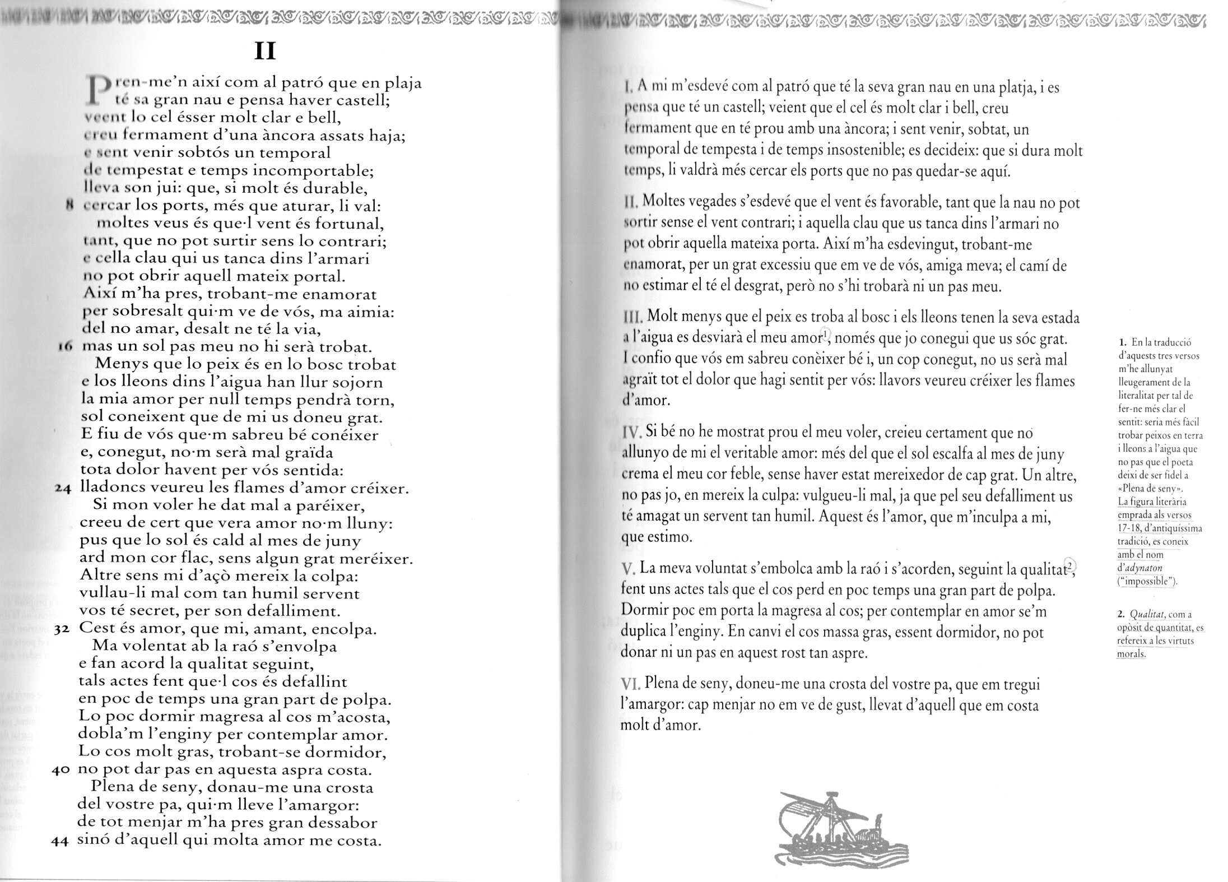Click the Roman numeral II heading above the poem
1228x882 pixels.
(264, 52)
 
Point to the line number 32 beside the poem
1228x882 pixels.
(62, 630)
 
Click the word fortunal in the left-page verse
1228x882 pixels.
(350, 224)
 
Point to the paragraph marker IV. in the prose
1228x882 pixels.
(632, 433)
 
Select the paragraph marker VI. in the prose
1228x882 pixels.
(631, 685)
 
